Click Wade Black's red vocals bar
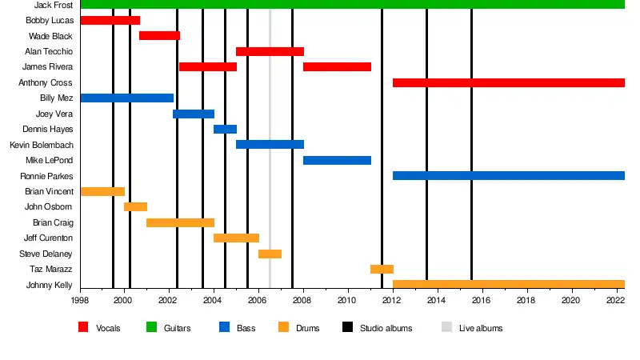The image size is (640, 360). point(159,36)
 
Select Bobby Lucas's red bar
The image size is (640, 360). point(110,20)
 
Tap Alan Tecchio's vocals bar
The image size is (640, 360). point(270,52)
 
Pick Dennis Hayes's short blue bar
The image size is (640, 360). point(225,130)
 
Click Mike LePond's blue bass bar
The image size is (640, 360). point(337,161)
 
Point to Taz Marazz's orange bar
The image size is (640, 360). point(382,270)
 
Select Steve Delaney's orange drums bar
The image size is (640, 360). point(270,254)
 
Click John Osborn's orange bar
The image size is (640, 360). point(135,207)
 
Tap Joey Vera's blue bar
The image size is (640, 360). point(194,114)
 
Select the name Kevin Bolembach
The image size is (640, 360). point(42,145)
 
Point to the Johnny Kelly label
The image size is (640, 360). point(49,285)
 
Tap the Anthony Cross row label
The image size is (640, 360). point(46,82)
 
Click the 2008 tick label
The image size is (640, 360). point(302,301)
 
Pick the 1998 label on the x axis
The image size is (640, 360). point(80,301)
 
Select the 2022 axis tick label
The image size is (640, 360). point(615,301)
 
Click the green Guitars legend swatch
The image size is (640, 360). point(150,327)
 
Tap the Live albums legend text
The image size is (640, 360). point(481,328)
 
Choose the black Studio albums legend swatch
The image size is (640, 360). point(347,327)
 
